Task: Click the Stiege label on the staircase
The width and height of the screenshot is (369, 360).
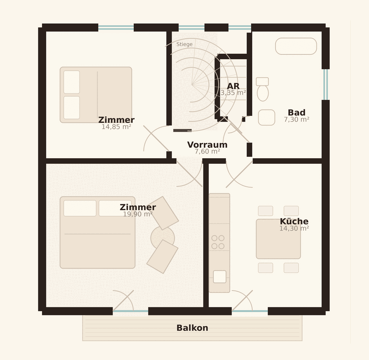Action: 184,44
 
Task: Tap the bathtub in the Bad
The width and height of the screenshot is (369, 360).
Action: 296,46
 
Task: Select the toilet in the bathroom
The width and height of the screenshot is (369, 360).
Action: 262,89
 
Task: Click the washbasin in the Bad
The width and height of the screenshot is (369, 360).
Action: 266,117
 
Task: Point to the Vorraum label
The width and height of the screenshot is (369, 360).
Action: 207,145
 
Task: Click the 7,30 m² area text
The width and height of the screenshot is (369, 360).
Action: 297,120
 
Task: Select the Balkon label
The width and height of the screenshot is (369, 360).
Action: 192,328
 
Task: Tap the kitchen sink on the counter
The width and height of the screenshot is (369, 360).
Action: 220,277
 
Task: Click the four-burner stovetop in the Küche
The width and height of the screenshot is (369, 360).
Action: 218,242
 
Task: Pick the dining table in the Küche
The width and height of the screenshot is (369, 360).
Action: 278,239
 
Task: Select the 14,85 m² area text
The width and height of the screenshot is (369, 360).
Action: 116,127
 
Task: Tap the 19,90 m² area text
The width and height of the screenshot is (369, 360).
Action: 138,214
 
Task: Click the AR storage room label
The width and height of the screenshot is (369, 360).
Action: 233,86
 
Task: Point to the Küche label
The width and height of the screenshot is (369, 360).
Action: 294,221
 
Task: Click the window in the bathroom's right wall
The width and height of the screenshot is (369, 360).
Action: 326,84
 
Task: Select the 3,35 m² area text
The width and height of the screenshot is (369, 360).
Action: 233,93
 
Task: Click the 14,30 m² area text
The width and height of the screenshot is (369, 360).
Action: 294,228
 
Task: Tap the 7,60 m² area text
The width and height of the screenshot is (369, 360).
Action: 207,151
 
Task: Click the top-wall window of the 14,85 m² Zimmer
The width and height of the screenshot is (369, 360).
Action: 116,27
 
